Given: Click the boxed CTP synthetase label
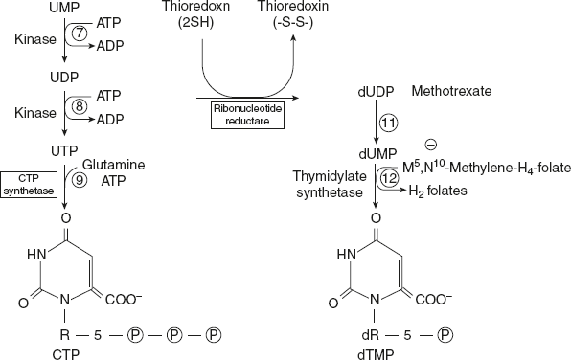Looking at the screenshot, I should (x=29, y=183).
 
